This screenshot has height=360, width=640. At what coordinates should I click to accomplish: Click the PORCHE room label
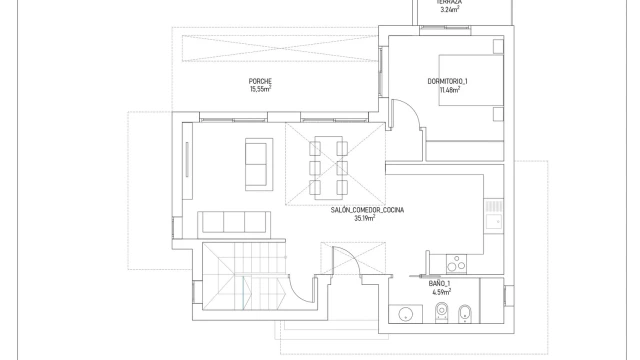(x=260, y=82)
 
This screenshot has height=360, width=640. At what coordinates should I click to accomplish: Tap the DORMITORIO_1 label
(x=447, y=82)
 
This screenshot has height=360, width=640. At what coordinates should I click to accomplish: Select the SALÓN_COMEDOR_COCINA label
(x=367, y=210)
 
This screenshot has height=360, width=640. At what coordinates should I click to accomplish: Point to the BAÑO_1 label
(x=439, y=284)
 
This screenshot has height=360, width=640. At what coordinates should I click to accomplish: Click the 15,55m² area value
(x=260, y=89)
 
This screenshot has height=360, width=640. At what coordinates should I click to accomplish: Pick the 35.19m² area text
(x=364, y=218)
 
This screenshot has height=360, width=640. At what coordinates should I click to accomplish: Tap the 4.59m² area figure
(x=441, y=292)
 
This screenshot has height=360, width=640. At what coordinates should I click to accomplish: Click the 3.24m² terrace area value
(x=449, y=9)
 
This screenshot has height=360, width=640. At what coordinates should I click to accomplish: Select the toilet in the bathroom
(x=442, y=313)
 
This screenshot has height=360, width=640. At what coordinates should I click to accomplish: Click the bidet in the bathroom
(x=464, y=313)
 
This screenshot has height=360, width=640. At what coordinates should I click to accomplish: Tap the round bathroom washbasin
(x=405, y=314)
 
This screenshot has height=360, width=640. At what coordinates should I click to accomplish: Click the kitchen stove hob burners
(x=456, y=263)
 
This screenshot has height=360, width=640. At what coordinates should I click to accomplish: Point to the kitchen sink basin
(x=494, y=222)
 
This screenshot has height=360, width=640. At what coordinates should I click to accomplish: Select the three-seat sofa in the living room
(x=234, y=222)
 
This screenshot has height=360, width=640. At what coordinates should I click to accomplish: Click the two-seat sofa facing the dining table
(x=259, y=164)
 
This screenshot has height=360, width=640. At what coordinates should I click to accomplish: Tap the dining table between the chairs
(x=329, y=168)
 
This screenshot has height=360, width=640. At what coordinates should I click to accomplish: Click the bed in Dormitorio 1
(x=471, y=80)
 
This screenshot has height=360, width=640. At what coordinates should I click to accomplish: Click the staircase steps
(x=244, y=276)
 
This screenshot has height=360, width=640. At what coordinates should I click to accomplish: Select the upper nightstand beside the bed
(x=498, y=46)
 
